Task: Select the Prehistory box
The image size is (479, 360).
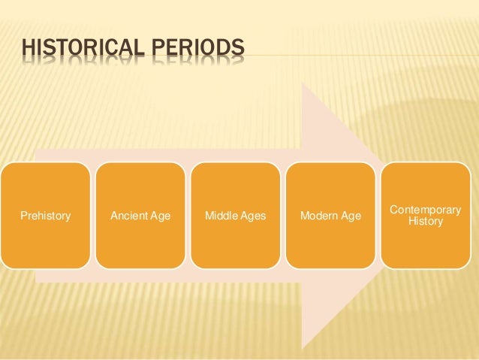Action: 44,216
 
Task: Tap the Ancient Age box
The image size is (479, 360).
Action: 140,216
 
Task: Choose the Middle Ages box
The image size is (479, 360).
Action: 236,216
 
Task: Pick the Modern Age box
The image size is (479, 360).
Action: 330,216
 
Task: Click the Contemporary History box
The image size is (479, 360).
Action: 426,216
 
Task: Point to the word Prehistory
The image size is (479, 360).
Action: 44,216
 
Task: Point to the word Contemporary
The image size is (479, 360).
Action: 426,210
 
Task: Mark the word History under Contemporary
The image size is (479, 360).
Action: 426,222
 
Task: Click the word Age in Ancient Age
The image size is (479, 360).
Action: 159,216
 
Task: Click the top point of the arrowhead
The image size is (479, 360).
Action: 303,83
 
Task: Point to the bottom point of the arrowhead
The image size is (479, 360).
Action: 303,349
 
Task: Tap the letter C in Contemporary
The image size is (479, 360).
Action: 395,210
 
